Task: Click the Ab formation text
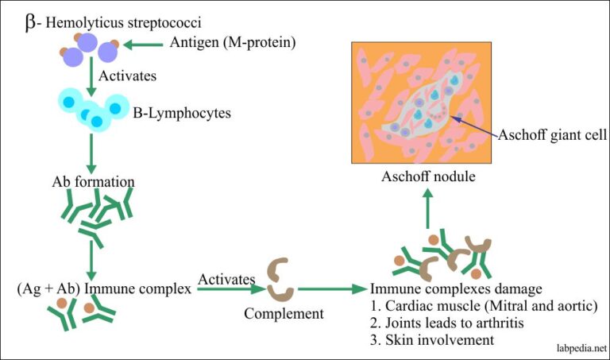click(89, 181)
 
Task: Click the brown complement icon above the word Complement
click(280, 280)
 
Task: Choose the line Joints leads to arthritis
click(447, 323)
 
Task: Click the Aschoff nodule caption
click(428, 176)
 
